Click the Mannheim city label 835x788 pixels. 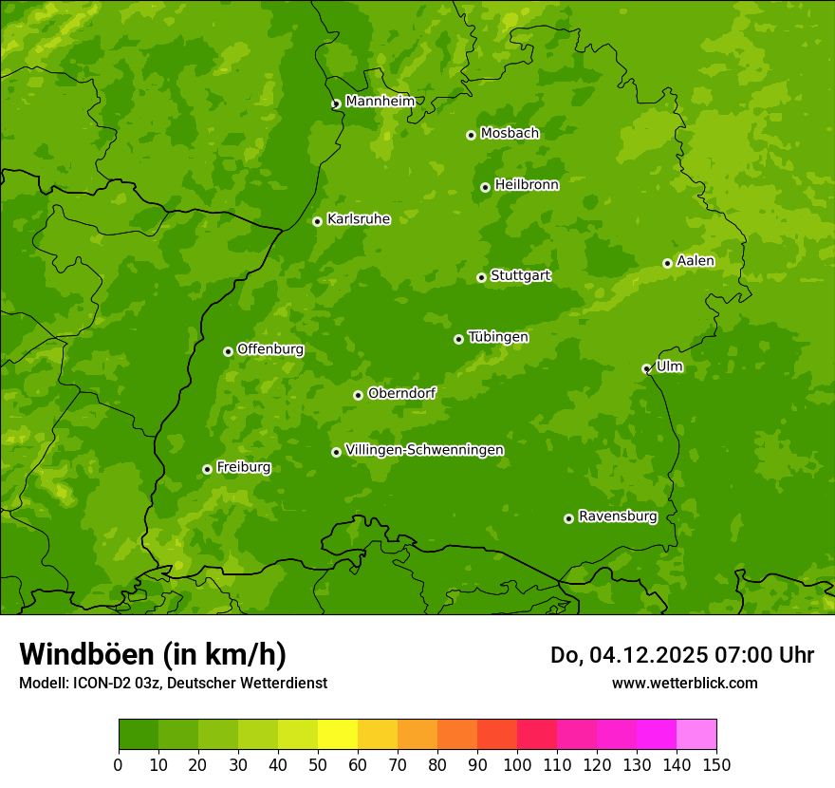click(x=380, y=102)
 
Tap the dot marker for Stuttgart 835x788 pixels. click(x=481, y=277)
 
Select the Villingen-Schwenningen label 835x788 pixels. click(x=424, y=450)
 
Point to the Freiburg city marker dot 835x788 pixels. click(x=207, y=469)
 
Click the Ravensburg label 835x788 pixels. click(x=618, y=516)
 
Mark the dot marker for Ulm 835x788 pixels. click(x=646, y=368)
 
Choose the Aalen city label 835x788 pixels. click(x=696, y=261)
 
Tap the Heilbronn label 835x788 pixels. click(x=527, y=185)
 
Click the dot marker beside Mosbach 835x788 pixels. click(x=471, y=135)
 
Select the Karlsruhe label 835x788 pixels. click(x=359, y=219)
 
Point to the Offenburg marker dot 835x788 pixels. click(x=228, y=351)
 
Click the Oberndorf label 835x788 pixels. click(x=401, y=393)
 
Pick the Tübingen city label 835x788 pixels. click(x=498, y=337)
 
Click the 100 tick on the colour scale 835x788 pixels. click(x=517, y=764)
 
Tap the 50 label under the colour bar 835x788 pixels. click(x=318, y=764)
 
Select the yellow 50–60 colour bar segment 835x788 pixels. click(x=338, y=735)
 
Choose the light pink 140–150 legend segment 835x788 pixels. click(x=696, y=735)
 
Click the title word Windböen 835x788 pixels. click(x=85, y=654)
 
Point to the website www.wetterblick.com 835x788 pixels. click(x=684, y=683)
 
